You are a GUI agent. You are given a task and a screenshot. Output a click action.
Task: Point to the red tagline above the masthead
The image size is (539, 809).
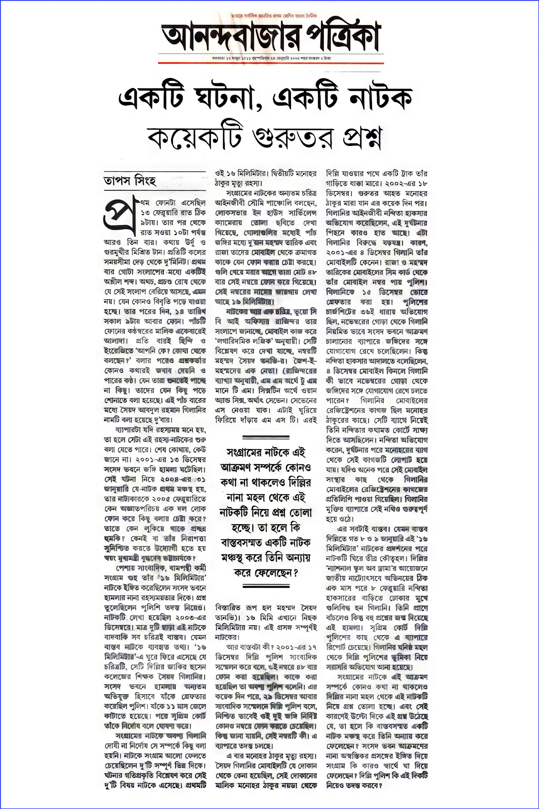click(x=274, y=16)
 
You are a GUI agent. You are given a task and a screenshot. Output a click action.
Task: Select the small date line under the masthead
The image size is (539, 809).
click(x=271, y=58)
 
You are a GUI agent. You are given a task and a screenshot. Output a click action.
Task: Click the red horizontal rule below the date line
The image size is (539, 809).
click(x=271, y=63)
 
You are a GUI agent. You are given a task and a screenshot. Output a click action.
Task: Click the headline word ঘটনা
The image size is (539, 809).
click(x=224, y=97)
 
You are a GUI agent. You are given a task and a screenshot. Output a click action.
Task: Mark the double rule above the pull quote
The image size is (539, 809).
click(x=266, y=437)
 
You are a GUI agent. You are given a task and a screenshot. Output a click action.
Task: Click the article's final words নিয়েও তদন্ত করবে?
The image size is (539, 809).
click(x=354, y=785)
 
